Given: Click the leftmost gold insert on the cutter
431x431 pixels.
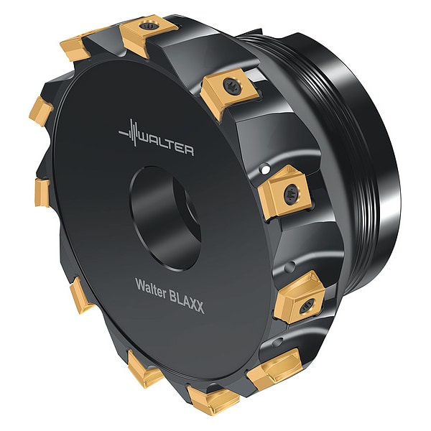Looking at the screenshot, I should (40, 193).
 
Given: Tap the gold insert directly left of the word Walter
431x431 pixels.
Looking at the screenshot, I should (80, 295).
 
